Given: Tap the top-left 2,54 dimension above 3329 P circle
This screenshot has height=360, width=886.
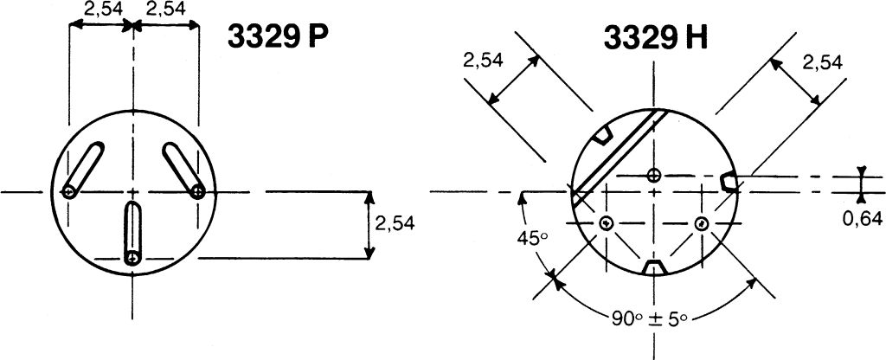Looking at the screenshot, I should pos(101,10).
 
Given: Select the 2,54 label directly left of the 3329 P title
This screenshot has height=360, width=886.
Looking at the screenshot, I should pos(165,10).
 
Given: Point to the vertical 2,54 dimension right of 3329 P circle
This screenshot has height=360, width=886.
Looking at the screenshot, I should pos(395,222).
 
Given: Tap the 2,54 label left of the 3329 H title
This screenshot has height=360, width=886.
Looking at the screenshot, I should pos(484,61).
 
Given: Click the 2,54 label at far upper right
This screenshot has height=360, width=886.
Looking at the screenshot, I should pos(822,62).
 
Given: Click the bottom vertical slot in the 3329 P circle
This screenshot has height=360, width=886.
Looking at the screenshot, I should pos(132,233).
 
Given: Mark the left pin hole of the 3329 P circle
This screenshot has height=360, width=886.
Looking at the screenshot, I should pos(68,191).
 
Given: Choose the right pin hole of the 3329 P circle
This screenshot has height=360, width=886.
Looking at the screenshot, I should pos(198,191).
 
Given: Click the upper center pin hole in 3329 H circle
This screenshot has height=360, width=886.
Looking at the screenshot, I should pos(654,175).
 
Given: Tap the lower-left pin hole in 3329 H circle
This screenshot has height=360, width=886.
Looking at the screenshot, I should pos(606,223).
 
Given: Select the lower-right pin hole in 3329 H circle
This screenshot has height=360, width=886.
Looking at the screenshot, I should pos(702,223).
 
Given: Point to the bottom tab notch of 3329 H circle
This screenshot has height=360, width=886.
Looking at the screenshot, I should pos(654,266).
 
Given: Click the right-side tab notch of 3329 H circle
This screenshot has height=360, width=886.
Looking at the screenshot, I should pos(729,180).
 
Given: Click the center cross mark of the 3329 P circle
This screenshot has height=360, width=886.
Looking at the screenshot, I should pos(132,191).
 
